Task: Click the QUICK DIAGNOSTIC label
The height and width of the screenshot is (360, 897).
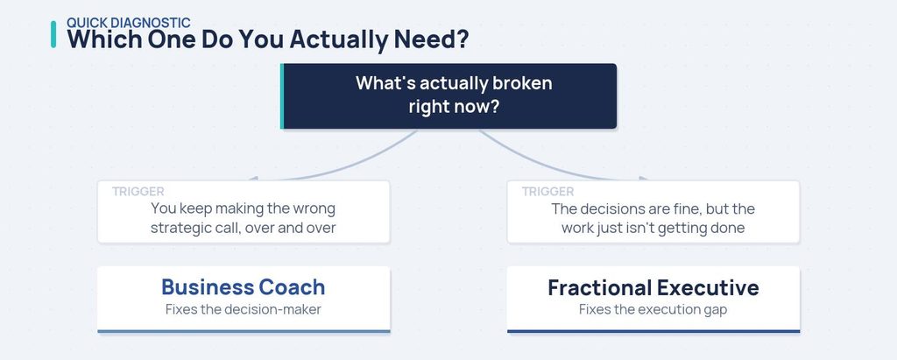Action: (x=129, y=23)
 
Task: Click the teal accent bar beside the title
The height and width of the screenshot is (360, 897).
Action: (x=53, y=34)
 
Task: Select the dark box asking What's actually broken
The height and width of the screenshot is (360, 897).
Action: (x=448, y=96)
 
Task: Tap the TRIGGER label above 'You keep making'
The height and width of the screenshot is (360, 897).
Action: (x=138, y=192)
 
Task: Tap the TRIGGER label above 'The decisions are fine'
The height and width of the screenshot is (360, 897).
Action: (x=548, y=192)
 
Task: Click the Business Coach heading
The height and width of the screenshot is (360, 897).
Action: (x=244, y=286)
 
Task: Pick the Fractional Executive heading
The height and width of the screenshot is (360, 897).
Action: (x=653, y=287)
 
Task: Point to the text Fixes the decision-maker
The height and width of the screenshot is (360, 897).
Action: (x=244, y=309)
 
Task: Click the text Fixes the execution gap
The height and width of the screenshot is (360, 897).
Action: (x=653, y=309)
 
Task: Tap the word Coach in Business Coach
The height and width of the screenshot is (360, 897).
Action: (x=292, y=286)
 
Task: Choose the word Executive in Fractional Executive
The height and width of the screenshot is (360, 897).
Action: (x=708, y=287)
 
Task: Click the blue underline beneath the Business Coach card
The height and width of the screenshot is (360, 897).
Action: (x=244, y=331)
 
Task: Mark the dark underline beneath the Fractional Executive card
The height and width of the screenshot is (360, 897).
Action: (x=653, y=331)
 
